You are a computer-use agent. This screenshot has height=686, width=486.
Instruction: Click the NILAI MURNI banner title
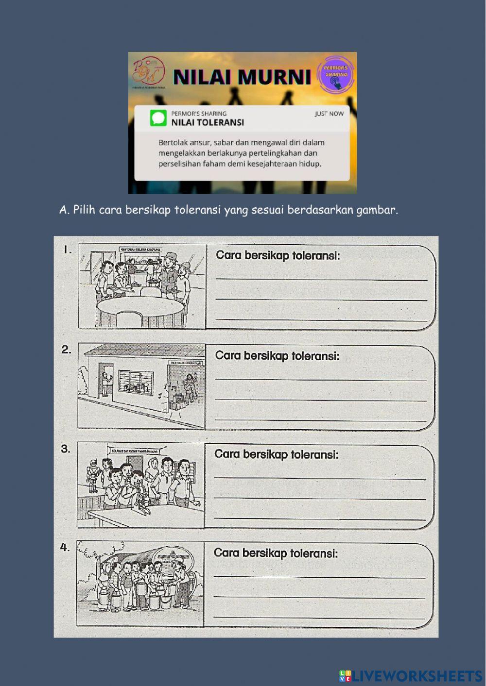point(242,77)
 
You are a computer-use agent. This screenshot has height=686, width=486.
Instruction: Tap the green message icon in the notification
point(158,118)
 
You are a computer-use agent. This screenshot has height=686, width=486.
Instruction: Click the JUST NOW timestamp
point(329,114)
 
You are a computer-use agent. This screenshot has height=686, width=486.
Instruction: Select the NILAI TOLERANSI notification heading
point(208,123)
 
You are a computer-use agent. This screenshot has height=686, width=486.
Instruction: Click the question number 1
point(67,250)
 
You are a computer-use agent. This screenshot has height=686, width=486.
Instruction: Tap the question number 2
point(66,349)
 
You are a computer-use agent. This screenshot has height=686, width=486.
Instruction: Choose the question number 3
point(66,449)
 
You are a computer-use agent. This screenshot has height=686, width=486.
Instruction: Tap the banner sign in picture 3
point(135,451)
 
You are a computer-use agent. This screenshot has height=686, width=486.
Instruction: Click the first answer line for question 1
point(321,278)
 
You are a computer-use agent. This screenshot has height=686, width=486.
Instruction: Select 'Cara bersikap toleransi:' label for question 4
point(276,553)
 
